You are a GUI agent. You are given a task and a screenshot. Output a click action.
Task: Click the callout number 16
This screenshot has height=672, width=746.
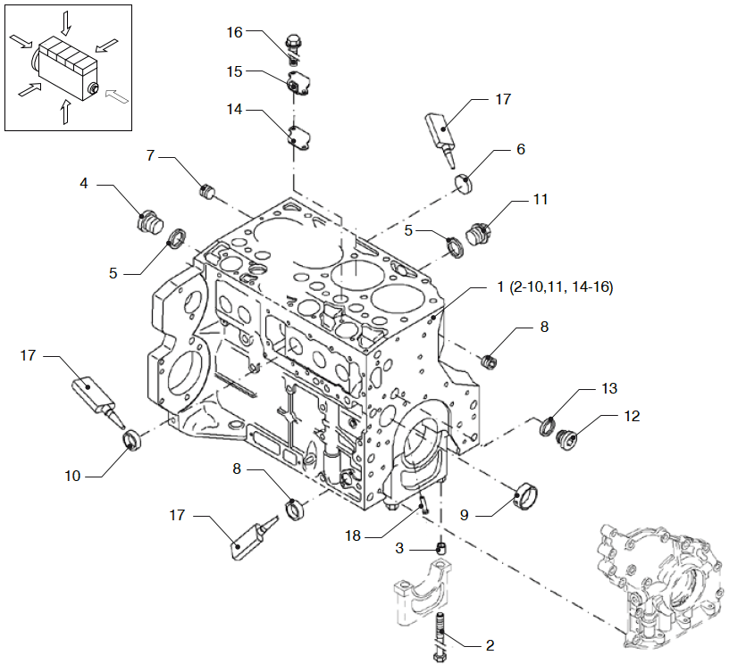[234, 32]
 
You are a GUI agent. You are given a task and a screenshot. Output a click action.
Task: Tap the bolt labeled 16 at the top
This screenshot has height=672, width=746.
[293, 45]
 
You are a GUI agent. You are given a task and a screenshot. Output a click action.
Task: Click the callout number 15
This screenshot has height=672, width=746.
[234, 71]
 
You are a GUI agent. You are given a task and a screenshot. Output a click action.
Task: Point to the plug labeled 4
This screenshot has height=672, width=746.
[148, 219]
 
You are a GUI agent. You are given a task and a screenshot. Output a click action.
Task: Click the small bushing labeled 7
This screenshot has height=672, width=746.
[209, 190]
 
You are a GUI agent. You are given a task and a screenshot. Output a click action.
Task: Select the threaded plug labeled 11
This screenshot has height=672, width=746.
[477, 234]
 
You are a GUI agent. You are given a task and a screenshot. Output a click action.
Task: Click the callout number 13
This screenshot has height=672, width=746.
[609, 389]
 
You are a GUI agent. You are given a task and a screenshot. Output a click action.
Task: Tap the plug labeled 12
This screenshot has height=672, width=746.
[565, 439]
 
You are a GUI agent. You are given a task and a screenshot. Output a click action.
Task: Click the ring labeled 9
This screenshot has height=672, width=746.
[526, 494]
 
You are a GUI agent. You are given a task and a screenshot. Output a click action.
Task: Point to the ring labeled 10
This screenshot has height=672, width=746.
[133, 440]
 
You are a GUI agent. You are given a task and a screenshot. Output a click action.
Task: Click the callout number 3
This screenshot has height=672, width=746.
[399, 547]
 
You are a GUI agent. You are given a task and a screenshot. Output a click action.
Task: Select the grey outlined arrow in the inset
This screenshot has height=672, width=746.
[115, 92]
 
